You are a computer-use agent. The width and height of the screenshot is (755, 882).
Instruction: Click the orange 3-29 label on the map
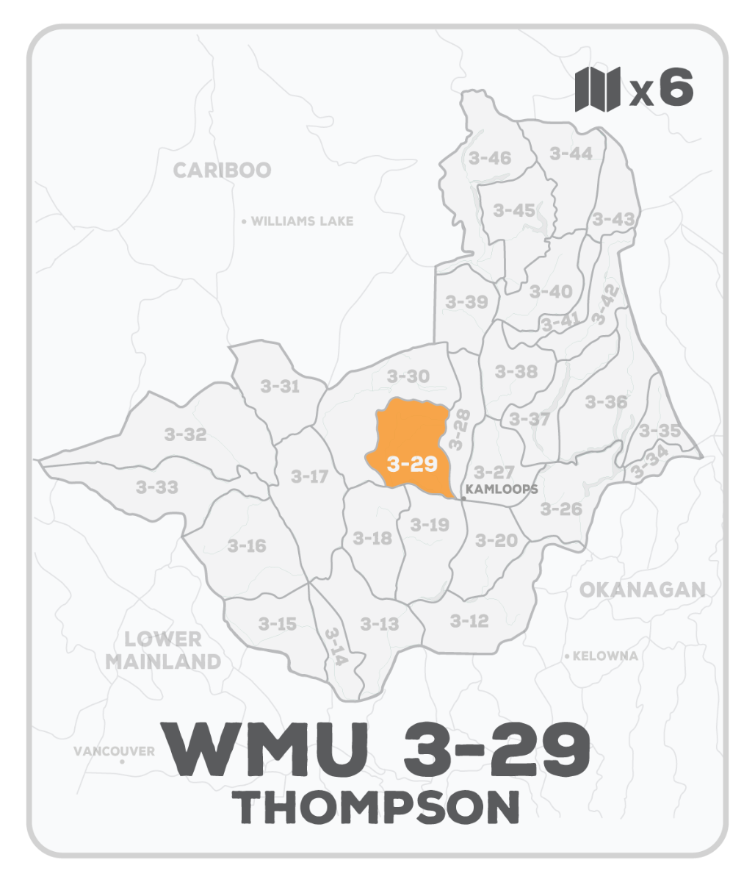412,465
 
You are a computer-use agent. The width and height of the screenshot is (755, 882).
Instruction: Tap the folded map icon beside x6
597,90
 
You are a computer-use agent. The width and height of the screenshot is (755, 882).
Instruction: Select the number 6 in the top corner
676,89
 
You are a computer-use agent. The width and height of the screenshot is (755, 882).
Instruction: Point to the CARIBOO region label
222,171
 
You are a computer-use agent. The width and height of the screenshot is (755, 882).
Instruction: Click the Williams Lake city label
302,221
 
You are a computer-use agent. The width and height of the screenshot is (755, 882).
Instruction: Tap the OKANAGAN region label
642,589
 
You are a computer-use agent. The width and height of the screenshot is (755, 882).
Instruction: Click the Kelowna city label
604,656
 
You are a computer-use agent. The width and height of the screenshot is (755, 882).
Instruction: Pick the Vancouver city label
114,751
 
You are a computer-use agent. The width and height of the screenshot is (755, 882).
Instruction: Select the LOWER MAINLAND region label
162,650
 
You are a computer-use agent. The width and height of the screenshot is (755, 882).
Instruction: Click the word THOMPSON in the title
379,807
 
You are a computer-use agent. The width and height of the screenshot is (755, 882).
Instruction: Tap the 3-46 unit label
489,157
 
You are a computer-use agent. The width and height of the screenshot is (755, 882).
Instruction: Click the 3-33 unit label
156,487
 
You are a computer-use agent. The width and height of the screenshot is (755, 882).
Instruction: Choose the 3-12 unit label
469,621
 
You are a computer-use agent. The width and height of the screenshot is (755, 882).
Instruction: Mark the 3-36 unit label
606,402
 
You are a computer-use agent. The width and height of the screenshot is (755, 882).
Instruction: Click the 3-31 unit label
280,386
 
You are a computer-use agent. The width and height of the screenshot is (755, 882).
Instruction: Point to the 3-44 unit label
571,154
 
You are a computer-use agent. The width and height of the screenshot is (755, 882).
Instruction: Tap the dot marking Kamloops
463,498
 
